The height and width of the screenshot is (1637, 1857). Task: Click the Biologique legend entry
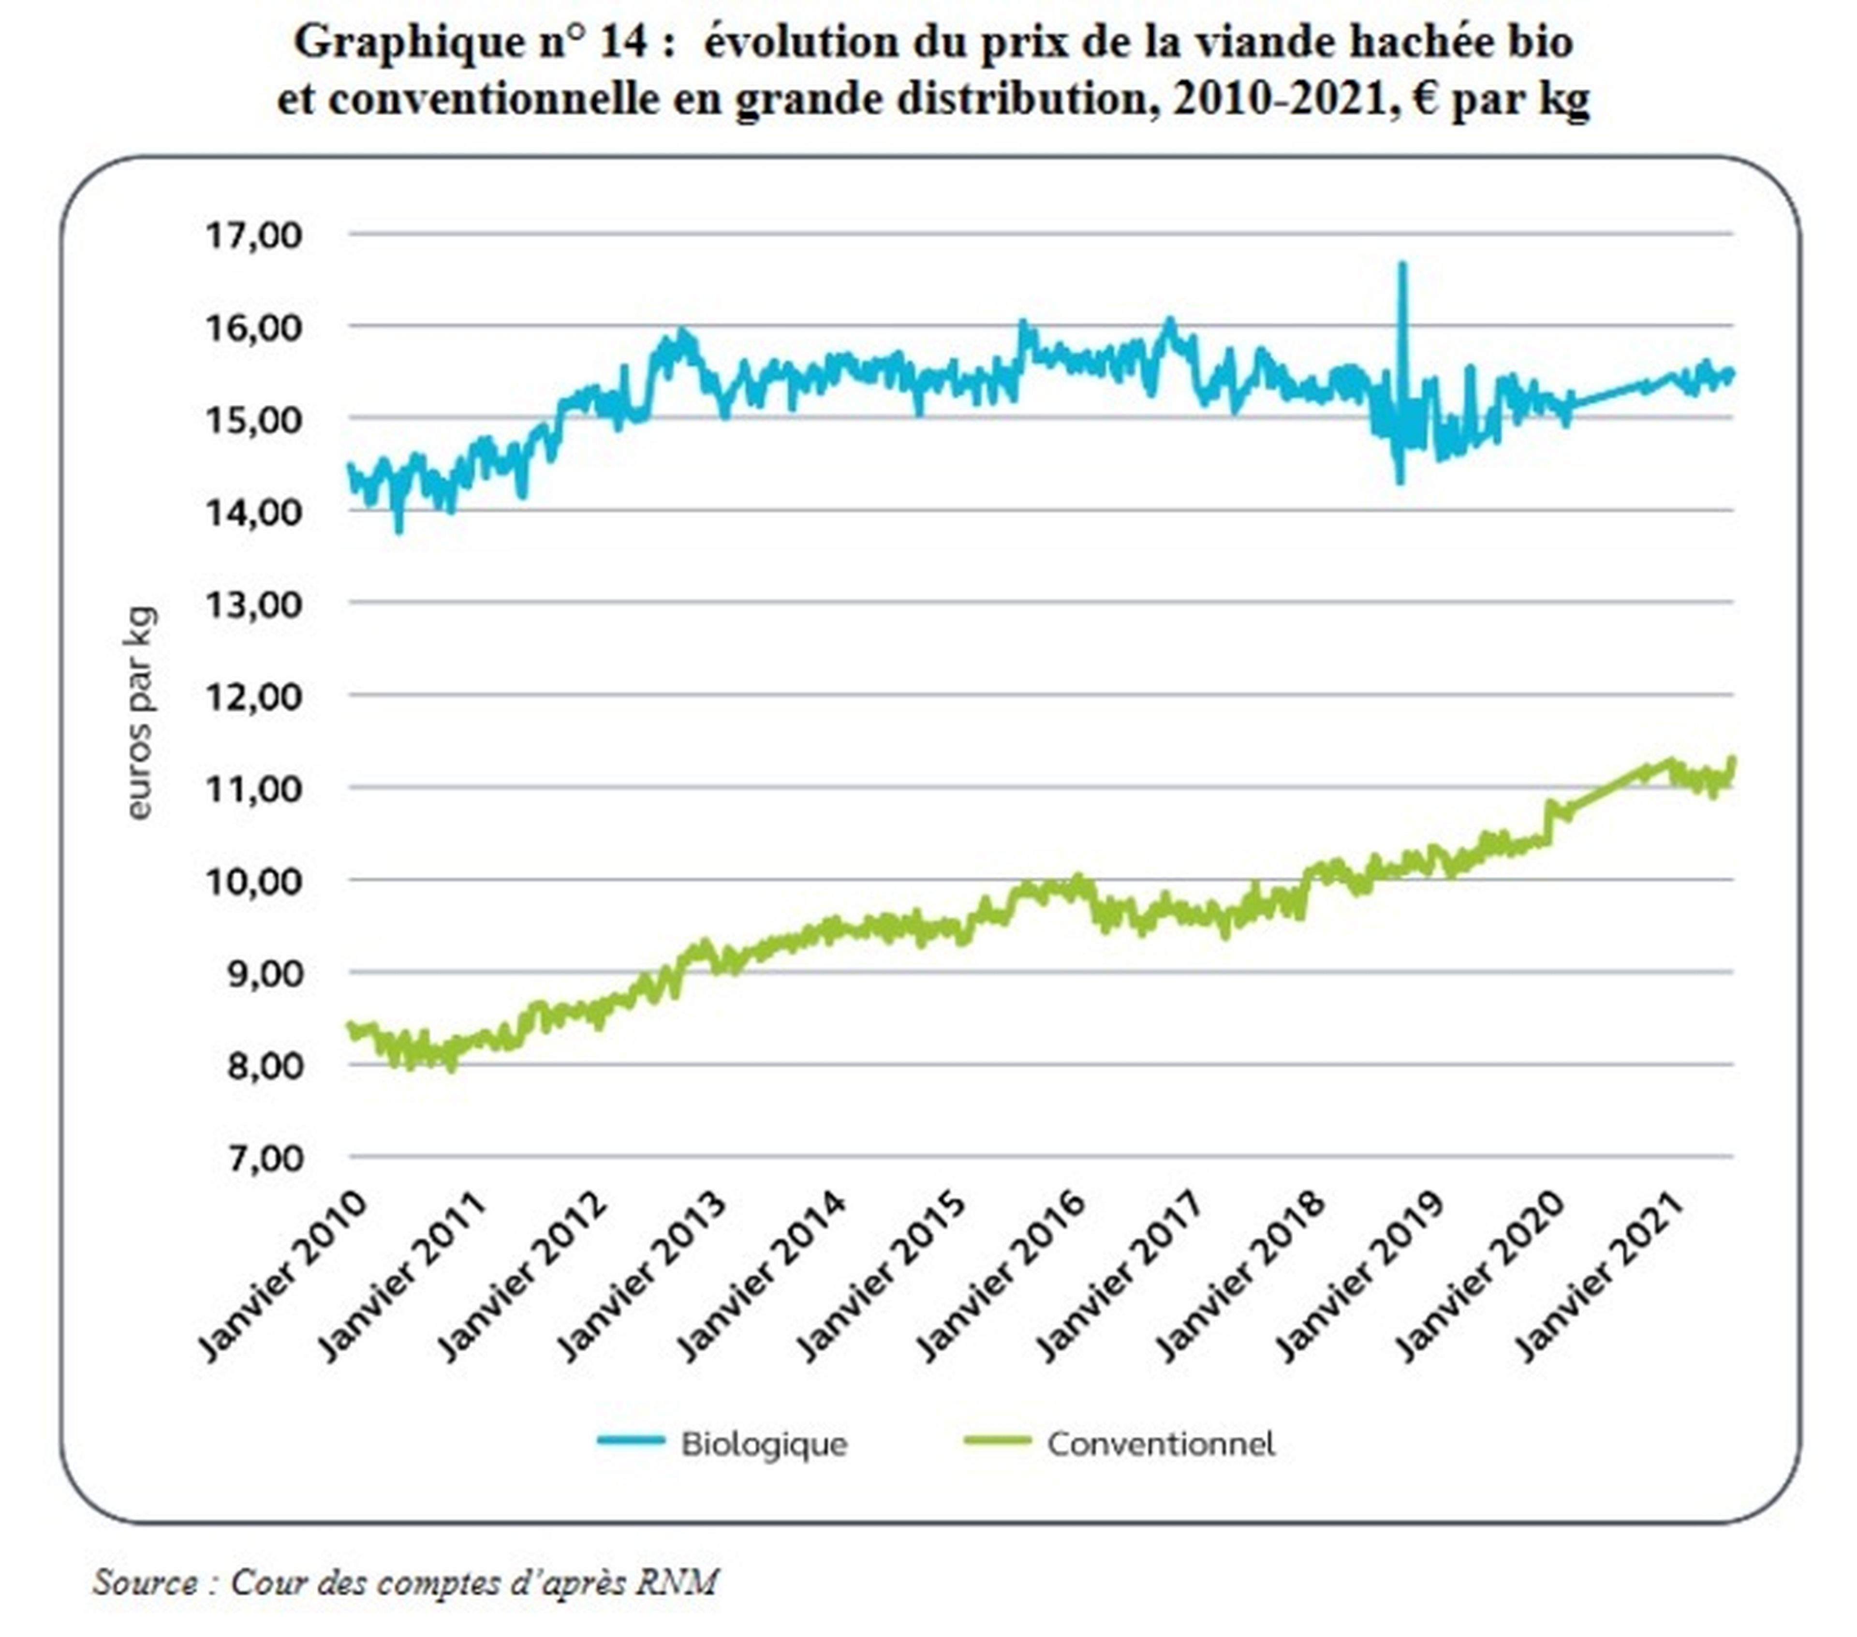(763, 1445)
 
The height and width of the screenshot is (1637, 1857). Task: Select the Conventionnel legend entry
(1160, 1445)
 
